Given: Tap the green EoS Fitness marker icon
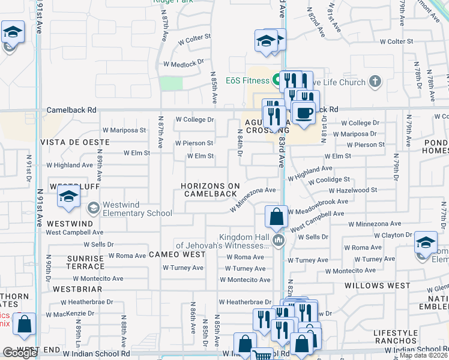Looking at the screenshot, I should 277,79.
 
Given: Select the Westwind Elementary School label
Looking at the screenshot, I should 137,209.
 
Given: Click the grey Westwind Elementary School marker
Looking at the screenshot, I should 93,208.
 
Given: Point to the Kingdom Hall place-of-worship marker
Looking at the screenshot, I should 278,241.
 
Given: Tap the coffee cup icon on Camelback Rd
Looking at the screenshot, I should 304,112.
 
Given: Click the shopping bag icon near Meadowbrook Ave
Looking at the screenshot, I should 276,217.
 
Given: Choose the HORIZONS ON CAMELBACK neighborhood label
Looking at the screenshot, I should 210,190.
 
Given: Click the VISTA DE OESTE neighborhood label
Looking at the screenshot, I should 75,142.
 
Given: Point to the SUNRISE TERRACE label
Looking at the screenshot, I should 86,262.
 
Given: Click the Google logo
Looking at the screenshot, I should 20,353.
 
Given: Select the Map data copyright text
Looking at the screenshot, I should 423,355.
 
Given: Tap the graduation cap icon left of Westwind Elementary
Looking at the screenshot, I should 68,197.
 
